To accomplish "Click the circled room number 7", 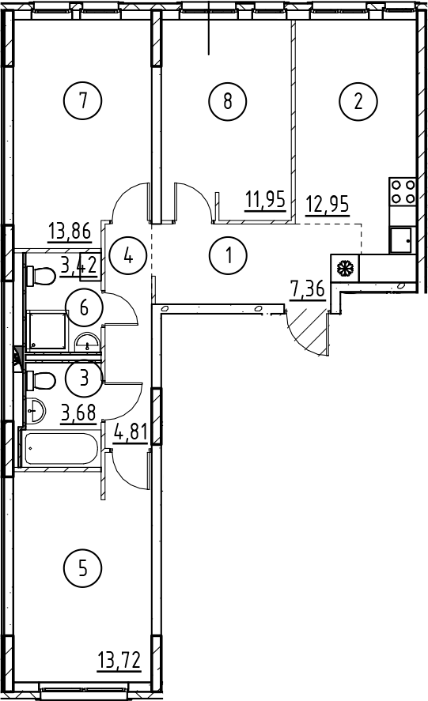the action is click(x=83, y=100).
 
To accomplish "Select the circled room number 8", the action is click(x=227, y=100).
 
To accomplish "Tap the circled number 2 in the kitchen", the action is click(x=358, y=100).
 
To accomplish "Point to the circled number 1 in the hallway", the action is click(x=228, y=256).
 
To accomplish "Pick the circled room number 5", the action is click(x=83, y=569).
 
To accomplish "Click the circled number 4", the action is click(x=128, y=256).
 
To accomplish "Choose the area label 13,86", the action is click(x=70, y=232).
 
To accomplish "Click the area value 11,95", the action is click(x=265, y=199).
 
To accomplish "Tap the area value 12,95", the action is click(x=328, y=205).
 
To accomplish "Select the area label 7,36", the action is click(x=308, y=289).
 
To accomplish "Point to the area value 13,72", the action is click(x=119, y=660).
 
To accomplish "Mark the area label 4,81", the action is click(x=131, y=433).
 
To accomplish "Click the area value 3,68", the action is click(x=79, y=413).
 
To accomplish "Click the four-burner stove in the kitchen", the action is click(x=403, y=191).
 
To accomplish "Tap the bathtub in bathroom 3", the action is click(x=61, y=448).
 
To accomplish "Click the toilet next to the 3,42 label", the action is click(x=41, y=275).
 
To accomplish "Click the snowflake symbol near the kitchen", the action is click(x=345, y=269).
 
